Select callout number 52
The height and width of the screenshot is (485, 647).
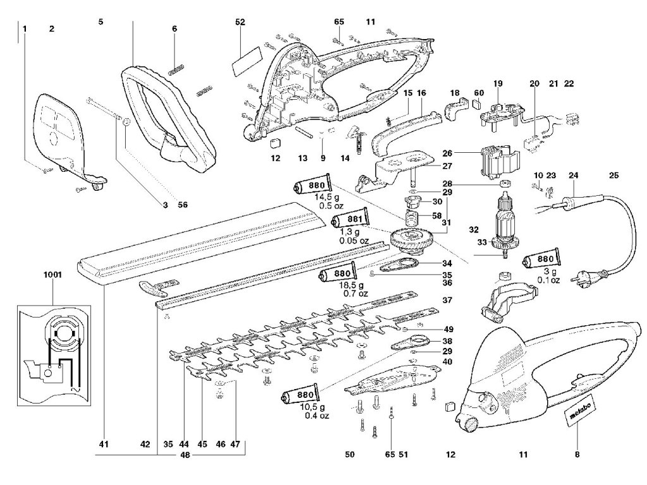click(240, 21)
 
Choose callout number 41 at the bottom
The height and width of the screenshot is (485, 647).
click(104, 445)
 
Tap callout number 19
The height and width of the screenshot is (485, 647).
click(498, 83)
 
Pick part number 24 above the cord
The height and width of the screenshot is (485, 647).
click(574, 176)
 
